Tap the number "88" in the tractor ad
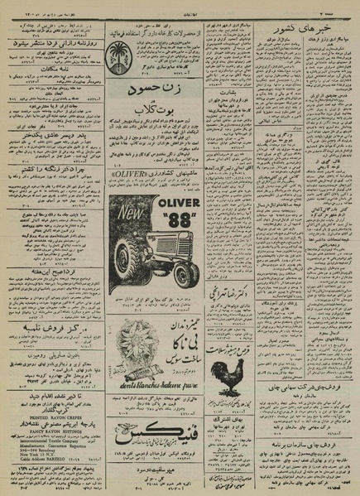tap(177, 224)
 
